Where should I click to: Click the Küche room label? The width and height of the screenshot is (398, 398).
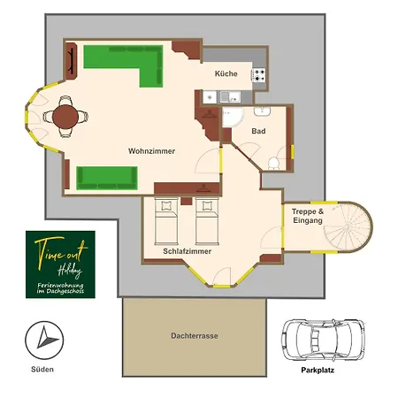226,73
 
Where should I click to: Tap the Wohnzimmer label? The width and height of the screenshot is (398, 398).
151,151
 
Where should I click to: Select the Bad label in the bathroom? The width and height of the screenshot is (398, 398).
258,131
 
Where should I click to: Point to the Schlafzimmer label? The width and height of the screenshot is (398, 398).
188,251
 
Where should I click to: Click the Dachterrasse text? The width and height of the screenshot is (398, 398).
195,336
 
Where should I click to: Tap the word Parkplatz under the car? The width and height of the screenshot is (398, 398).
318,370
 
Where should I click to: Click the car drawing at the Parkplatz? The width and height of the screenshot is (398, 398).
323,340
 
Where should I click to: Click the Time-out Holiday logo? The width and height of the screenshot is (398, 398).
60,264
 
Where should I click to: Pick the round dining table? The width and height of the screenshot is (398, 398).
65,117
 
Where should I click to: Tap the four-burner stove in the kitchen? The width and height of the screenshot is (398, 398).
258,75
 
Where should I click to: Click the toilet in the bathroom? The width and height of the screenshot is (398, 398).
273,164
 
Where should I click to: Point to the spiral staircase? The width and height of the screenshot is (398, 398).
348,227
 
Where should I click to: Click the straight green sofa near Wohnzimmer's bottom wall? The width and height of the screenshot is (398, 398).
107,178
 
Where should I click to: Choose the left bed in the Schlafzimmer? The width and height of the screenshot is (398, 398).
166,222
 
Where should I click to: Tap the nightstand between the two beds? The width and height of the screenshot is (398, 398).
187,201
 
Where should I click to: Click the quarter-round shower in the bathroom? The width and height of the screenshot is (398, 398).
233,117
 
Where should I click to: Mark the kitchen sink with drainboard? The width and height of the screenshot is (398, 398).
230,96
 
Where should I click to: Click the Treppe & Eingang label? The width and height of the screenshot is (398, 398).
308,216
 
